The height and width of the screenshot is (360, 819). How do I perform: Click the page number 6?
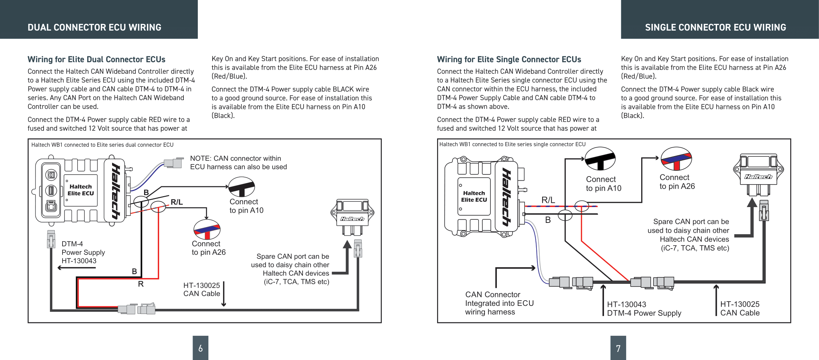(x=200, y=348)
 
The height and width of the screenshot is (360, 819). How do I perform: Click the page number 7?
(x=618, y=348)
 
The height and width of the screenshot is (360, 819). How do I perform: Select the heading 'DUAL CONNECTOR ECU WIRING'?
(x=95, y=27)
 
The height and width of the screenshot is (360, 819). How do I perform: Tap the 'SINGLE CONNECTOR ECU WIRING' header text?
(x=715, y=27)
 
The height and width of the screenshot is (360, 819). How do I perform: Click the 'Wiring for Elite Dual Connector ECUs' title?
(x=97, y=59)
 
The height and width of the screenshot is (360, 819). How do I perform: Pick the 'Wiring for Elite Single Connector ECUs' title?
(x=509, y=59)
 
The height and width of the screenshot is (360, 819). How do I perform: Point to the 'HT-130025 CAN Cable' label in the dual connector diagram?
(x=202, y=289)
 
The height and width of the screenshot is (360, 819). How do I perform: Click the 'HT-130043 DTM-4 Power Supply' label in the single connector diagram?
(x=644, y=309)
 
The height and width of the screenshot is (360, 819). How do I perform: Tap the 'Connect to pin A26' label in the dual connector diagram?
(x=209, y=248)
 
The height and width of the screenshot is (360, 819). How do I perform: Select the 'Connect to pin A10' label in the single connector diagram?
(x=604, y=184)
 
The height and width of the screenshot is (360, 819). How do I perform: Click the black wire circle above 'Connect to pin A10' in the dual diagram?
(x=242, y=187)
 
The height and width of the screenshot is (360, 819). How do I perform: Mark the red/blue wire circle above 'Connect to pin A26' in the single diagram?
(x=676, y=159)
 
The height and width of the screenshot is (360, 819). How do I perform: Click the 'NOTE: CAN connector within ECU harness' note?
(x=239, y=162)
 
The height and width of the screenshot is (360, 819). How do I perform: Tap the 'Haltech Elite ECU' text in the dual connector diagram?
(x=81, y=190)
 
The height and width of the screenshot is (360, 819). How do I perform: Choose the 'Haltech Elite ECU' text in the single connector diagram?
(x=474, y=197)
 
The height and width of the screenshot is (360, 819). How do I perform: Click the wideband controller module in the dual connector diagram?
(x=352, y=217)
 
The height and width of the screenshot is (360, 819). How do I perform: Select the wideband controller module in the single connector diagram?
(x=759, y=174)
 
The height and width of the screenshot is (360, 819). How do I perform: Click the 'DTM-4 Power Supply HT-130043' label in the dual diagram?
(x=83, y=252)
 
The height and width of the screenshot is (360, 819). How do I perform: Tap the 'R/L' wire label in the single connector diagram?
(x=548, y=200)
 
